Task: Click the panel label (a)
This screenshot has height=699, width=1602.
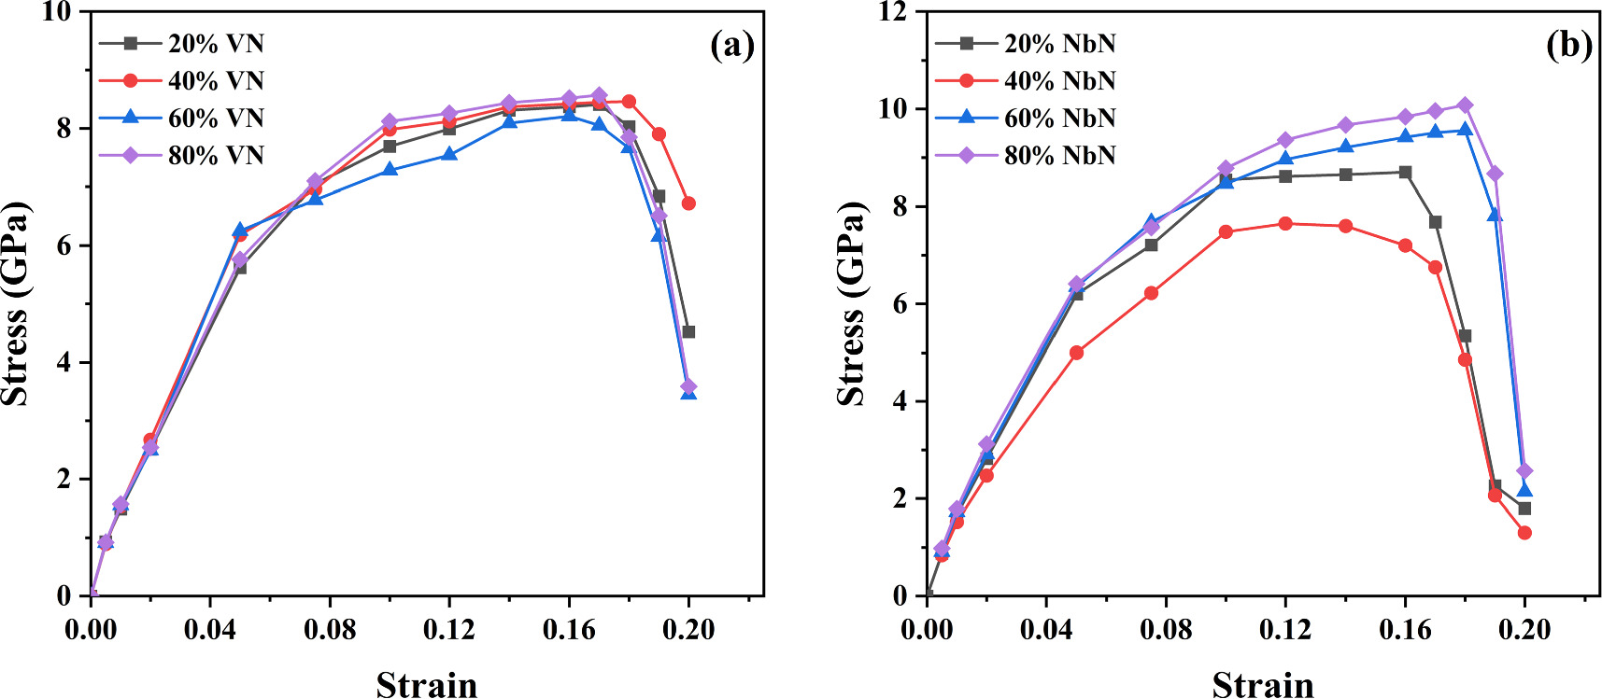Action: [x=731, y=44]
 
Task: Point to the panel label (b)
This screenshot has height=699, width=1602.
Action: [x=1568, y=44]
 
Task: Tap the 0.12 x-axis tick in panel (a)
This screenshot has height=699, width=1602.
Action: [x=449, y=630]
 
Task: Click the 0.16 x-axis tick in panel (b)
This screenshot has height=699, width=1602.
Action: [x=1405, y=630]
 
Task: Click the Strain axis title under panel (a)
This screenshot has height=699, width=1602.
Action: [x=427, y=684]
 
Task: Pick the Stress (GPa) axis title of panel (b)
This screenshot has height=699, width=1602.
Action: [x=851, y=304]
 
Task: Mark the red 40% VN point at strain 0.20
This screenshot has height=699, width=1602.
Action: [x=688, y=203]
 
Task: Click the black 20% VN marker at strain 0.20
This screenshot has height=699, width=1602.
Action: [x=688, y=332]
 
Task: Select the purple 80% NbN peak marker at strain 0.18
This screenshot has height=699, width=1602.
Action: [x=1465, y=105]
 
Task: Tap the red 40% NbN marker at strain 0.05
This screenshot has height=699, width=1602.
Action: [x=1076, y=353]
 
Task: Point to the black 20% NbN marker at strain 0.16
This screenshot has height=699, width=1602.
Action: [x=1405, y=172]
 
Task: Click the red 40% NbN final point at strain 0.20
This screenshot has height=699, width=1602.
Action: [x=1524, y=533]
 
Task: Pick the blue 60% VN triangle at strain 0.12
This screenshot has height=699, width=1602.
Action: [x=449, y=154]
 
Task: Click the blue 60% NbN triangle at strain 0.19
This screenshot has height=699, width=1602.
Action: [x=1495, y=215]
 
